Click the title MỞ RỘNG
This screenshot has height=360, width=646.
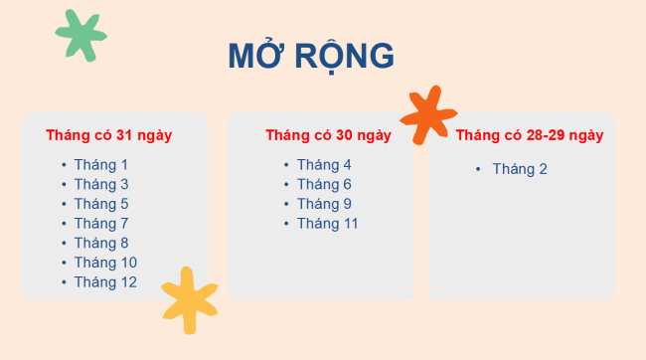click(310, 57)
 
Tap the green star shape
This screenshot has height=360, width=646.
click(81, 35)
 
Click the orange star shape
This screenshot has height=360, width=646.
click(427, 114)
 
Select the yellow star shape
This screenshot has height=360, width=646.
click(189, 299)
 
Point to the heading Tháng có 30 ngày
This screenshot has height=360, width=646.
click(328, 135)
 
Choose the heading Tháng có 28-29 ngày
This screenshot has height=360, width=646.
click(530, 135)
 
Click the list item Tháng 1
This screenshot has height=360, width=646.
click(101, 165)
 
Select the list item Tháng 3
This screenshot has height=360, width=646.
click(101, 184)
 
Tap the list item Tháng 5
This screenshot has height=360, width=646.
click(101, 204)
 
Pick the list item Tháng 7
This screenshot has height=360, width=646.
click(101, 224)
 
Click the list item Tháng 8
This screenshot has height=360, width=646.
click(101, 243)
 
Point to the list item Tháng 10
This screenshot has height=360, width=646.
click(105, 263)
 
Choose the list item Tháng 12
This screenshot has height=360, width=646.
click(105, 282)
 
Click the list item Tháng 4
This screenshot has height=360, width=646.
click(324, 165)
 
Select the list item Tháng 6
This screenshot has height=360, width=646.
click(324, 184)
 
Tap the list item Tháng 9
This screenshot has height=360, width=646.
click(324, 204)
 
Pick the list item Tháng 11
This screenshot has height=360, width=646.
click(328, 224)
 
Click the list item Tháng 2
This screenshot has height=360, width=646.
click(520, 169)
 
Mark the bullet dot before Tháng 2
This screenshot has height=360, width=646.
click(478, 169)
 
